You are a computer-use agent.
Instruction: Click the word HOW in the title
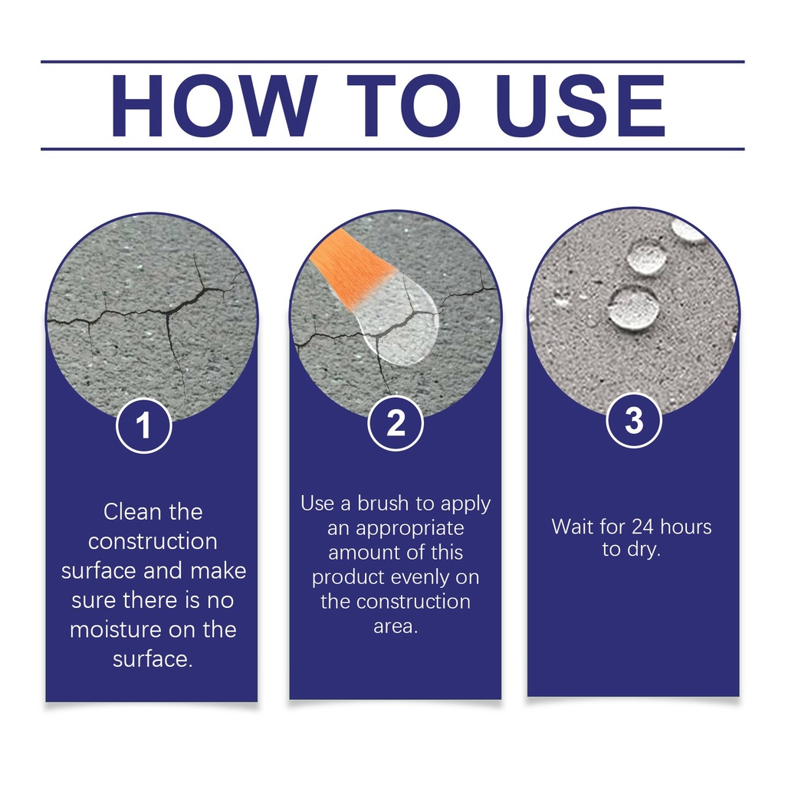[215, 106]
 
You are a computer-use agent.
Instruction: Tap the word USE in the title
[580, 106]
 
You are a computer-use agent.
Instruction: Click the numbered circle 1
[144, 425]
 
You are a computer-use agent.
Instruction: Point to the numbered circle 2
[396, 423]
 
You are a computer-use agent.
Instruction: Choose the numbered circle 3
[634, 420]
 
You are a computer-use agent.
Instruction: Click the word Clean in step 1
[129, 512]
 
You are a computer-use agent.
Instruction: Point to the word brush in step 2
[383, 503]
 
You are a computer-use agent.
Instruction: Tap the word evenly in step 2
[425, 577]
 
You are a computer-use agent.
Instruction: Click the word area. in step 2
[396, 626]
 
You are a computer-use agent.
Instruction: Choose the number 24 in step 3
[643, 527]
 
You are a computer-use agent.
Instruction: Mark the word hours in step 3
[686, 527]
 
